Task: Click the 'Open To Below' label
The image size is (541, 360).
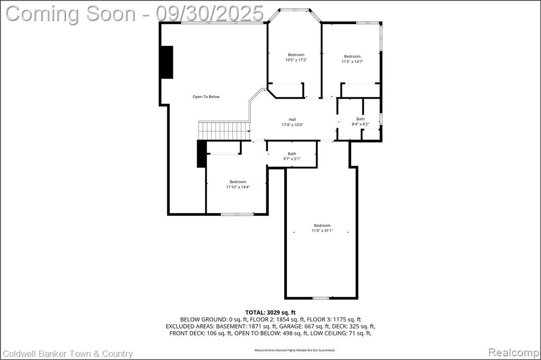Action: [x=206, y=97]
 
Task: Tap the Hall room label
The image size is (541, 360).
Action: [x=292, y=120]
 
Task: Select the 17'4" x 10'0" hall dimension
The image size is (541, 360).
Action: [x=292, y=125]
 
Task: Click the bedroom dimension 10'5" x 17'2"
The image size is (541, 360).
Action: [x=296, y=60]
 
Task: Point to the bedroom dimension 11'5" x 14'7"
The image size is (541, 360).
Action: [x=352, y=62]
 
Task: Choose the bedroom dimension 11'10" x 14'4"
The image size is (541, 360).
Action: [x=238, y=187]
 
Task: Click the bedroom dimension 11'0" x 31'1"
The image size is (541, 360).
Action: [x=322, y=231]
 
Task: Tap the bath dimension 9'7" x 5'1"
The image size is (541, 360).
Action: [x=292, y=159]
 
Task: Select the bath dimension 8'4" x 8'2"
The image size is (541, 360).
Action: [x=360, y=124]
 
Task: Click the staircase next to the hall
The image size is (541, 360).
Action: [x=224, y=131]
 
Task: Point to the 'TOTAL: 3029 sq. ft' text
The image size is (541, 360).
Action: [x=270, y=313]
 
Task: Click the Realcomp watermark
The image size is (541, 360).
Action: [x=514, y=353]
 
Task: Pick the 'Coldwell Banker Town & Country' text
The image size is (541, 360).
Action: [x=68, y=354]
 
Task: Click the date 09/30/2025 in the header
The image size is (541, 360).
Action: [x=209, y=14]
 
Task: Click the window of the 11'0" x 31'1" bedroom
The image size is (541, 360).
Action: [x=321, y=298]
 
